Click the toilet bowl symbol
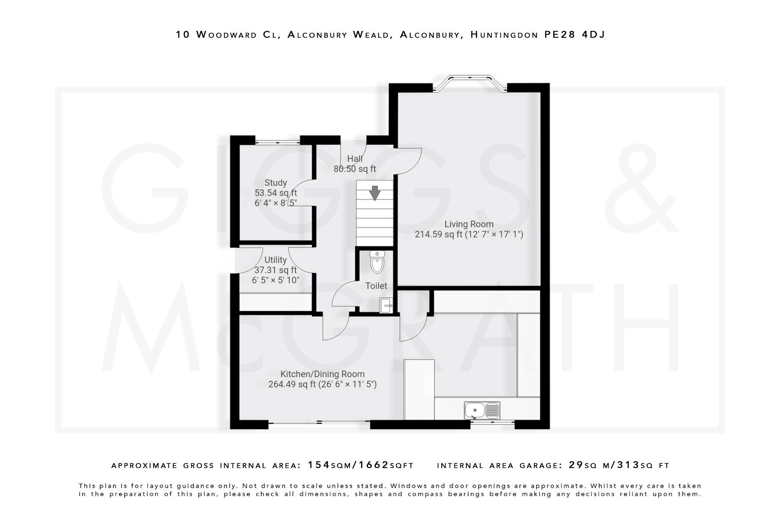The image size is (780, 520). click(x=377, y=263)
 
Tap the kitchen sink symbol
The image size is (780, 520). click(x=482, y=411)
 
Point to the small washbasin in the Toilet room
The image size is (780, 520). click(x=385, y=306)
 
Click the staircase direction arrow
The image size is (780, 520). click(x=375, y=193)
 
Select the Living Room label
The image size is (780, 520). click(x=469, y=224)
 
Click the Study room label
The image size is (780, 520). click(x=275, y=183)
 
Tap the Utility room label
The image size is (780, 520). click(x=275, y=260)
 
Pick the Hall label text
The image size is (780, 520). click(x=355, y=159)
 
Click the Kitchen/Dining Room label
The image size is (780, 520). click(x=323, y=374)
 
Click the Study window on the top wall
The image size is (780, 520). click(x=277, y=142)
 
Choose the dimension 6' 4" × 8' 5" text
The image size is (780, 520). click(x=275, y=203)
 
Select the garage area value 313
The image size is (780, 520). click(x=628, y=465)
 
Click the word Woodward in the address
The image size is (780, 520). click(x=227, y=35)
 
